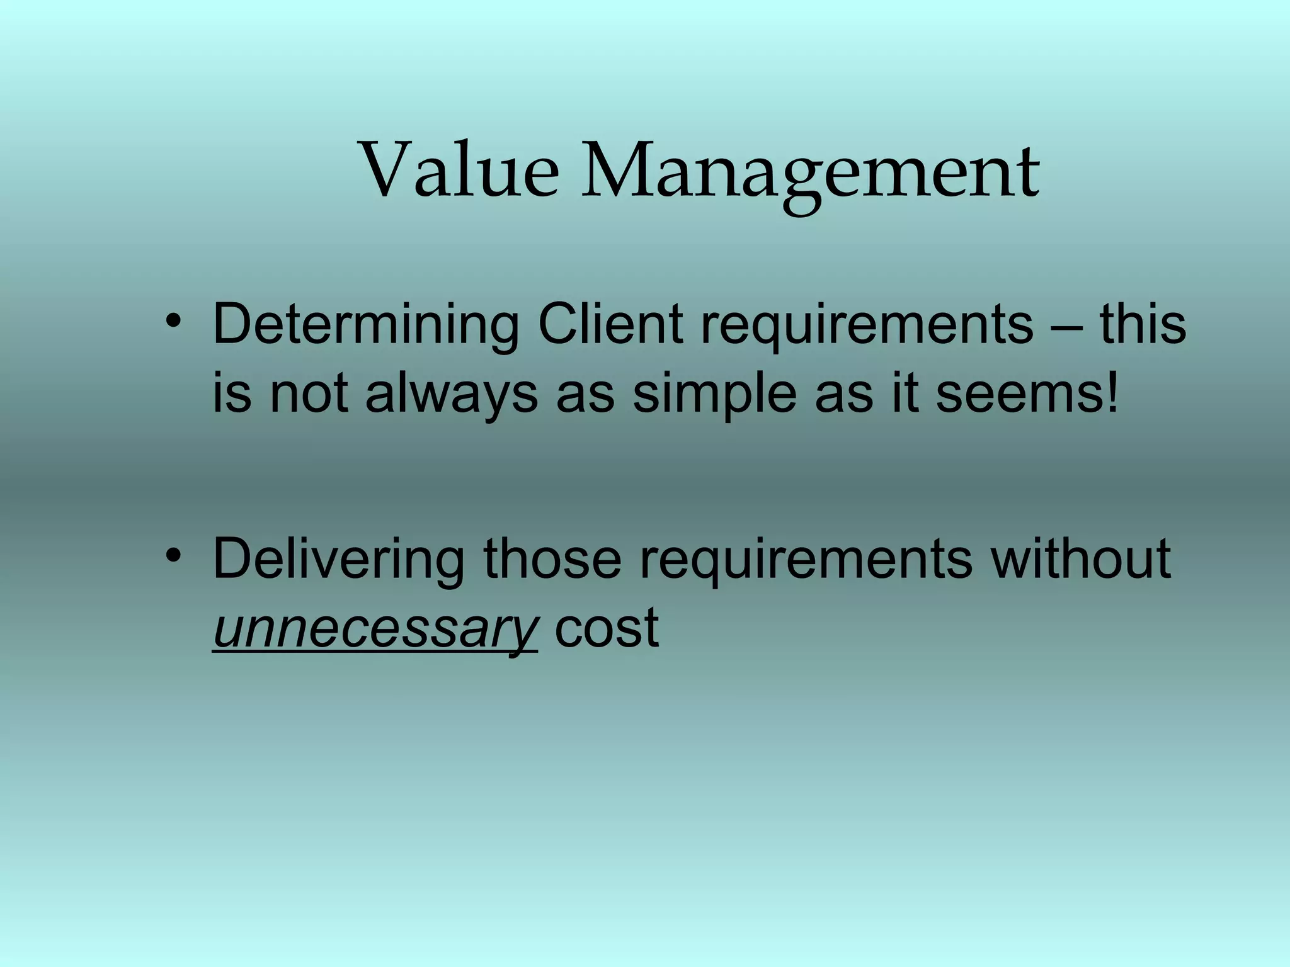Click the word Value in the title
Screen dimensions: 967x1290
pos(459,170)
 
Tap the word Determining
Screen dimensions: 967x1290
pos(366,325)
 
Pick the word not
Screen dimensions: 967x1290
pos(309,394)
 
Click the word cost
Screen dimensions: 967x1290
pos(607,628)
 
